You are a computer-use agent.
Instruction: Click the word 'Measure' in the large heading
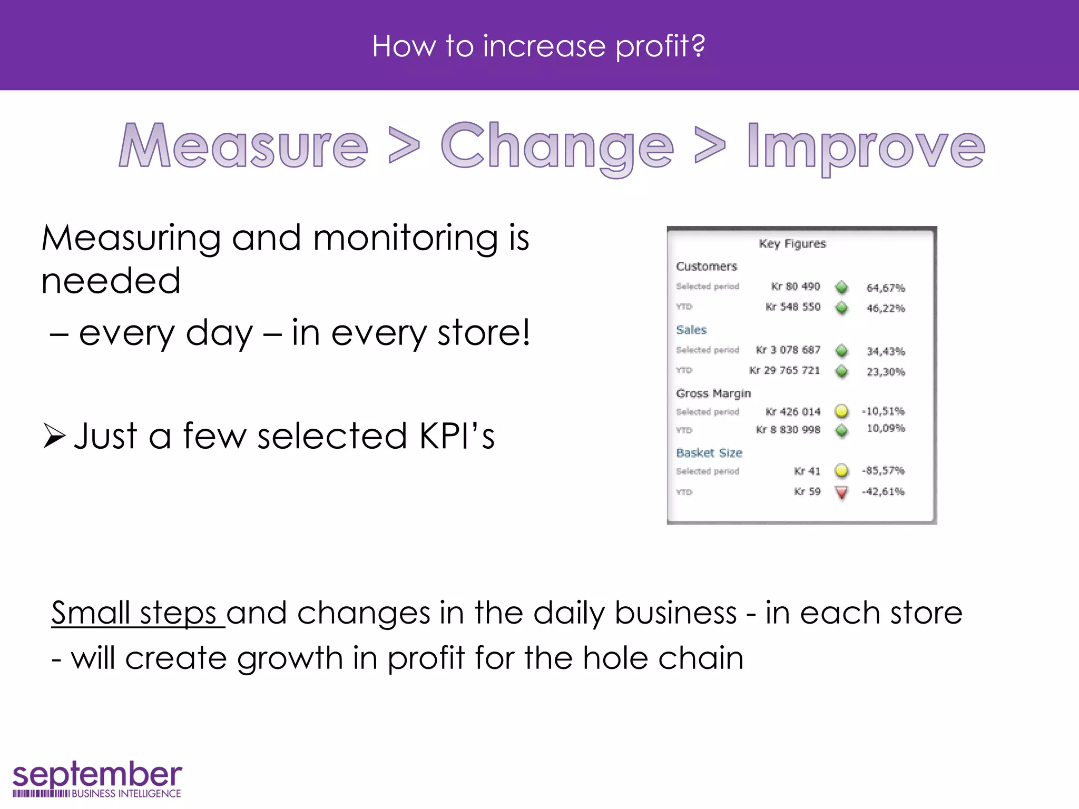point(243,146)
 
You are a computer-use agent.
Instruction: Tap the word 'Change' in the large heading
point(557,146)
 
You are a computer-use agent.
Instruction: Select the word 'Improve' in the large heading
point(866,146)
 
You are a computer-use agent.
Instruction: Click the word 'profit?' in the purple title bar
point(660,46)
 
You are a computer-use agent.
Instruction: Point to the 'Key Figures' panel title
point(792,244)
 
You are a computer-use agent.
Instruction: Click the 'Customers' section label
point(706,267)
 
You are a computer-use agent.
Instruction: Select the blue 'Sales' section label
point(691,330)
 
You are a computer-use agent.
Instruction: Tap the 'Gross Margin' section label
point(713,393)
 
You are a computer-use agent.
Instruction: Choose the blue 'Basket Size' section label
point(709,453)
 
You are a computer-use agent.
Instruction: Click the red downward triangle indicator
point(842,492)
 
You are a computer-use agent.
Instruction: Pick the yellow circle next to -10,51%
point(842,411)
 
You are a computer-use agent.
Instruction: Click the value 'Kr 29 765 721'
point(784,371)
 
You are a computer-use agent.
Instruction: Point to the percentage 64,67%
point(885,288)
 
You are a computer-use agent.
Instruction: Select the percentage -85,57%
point(883,470)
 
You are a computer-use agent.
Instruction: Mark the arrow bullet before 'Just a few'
point(54,436)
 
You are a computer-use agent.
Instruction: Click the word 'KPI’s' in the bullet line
point(457,436)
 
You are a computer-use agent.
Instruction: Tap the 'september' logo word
point(97,775)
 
